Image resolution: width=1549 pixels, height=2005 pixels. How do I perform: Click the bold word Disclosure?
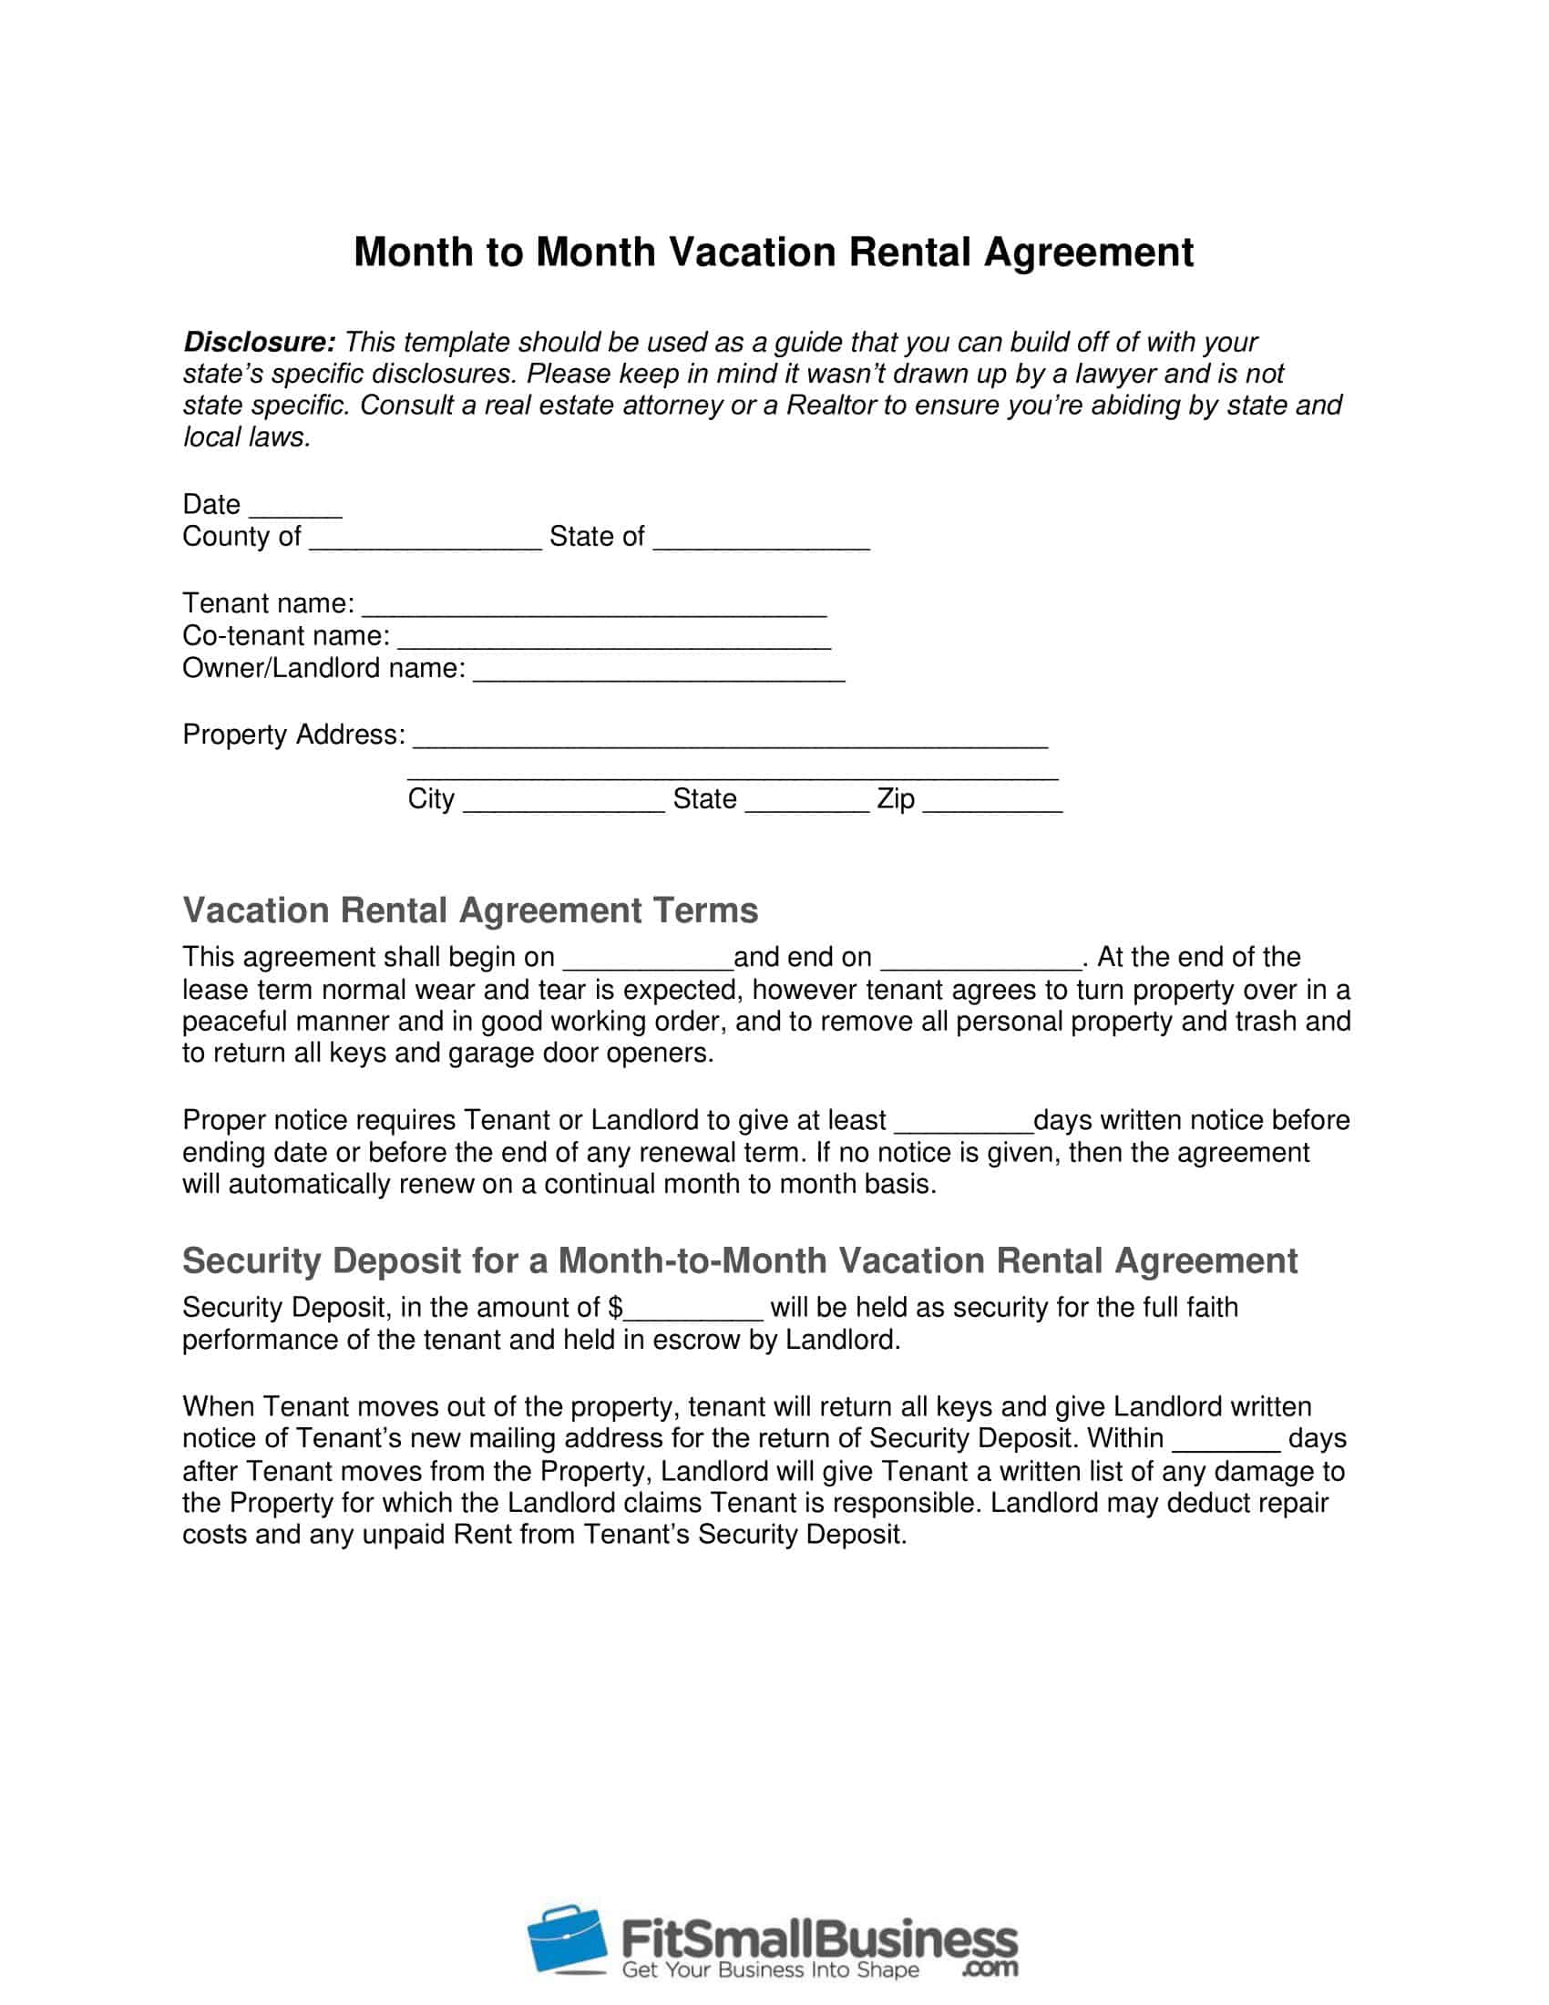pos(259,343)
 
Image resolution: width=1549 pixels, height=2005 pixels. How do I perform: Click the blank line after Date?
pos(295,508)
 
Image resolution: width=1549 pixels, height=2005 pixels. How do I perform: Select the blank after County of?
pos(426,540)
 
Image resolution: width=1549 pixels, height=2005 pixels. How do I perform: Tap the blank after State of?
pos(761,540)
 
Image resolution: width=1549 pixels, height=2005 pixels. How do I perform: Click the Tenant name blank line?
pos(595,607)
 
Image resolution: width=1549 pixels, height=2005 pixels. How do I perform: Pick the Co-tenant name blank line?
pos(614,639)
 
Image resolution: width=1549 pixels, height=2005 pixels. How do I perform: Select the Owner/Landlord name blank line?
pos(659,671)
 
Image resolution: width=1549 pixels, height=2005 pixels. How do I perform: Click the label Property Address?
pos(292,735)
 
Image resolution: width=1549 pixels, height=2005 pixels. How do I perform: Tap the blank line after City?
pos(563,802)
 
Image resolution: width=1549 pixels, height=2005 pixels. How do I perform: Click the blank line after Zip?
pos(992,802)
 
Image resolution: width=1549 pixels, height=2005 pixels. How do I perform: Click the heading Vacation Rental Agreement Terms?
pos(470,910)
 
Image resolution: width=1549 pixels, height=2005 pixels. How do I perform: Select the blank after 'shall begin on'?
pos(647,961)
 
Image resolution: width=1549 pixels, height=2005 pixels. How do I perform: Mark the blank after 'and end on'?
pos(980,961)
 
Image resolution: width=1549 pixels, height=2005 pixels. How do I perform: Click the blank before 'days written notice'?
pos(962,1124)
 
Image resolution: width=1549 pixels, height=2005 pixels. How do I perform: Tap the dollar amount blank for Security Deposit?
pos(692,1311)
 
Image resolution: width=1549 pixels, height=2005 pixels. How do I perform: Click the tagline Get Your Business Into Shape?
pos(770,1970)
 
